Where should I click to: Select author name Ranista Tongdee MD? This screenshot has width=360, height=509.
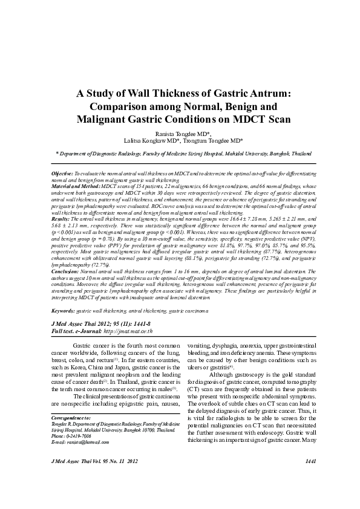coord(180,131)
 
